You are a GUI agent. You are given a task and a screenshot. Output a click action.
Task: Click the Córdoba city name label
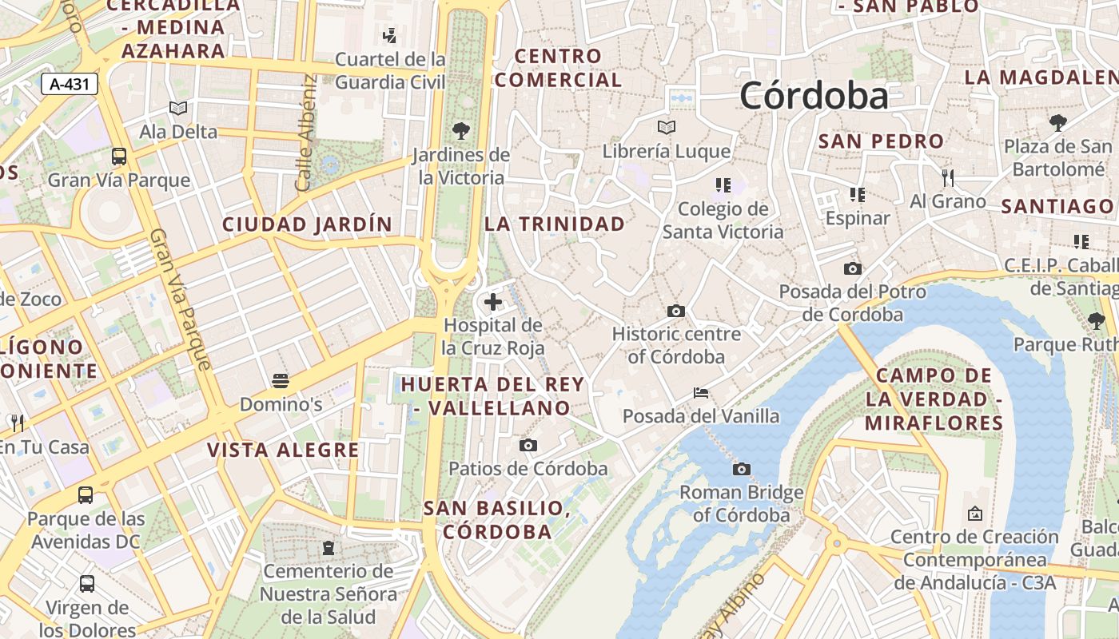tap(814, 96)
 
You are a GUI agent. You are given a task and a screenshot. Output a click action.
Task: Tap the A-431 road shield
tap(70, 84)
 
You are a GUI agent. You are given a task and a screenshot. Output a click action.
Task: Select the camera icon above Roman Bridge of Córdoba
tap(742, 469)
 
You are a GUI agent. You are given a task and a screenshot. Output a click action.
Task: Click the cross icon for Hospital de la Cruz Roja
tap(493, 302)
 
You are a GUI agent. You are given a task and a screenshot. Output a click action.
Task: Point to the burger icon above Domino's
tap(281, 381)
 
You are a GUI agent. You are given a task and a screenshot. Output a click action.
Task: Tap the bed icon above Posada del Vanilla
tap(701, 393)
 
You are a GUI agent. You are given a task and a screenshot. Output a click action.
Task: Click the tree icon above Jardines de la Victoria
tap(460, 131)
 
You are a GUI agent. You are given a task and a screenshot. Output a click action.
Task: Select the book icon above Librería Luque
tap(666, 127)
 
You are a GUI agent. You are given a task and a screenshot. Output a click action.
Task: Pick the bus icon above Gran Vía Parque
tap(119, 156)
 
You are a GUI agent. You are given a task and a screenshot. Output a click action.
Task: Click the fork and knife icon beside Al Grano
tap(948, 177)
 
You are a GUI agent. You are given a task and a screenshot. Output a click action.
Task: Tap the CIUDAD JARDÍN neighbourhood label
tap(307, 224)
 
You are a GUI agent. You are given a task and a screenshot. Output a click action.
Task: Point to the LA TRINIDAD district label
tap(555, 224)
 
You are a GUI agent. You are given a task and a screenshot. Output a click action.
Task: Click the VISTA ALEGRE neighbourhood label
tap(283, 450)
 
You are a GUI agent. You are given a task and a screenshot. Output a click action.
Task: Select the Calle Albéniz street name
tap(306, 133)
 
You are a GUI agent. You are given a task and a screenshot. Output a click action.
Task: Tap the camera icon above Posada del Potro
tap(853, 268)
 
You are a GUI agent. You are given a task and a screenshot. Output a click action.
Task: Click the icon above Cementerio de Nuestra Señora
tap(328, 548)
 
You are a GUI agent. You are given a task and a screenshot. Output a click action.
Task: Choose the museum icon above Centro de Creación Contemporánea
tap(974, 513)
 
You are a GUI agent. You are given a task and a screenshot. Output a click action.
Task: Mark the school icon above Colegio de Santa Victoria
tap(723, 185)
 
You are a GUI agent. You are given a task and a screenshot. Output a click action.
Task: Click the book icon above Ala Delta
tap(178, 108)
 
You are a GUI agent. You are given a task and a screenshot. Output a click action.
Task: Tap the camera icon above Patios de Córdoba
tap(528, 445)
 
